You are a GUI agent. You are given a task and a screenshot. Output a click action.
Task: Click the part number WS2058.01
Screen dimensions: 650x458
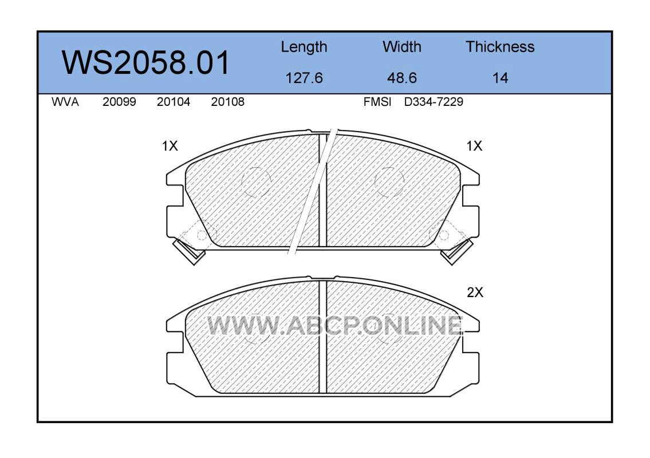145,62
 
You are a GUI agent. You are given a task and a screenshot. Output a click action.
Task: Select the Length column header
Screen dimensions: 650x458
304,48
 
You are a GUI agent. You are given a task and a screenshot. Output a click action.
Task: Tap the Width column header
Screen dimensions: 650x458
401,47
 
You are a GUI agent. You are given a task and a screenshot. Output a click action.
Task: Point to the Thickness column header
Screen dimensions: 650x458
500,47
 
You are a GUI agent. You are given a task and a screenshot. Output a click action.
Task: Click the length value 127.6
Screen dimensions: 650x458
304,78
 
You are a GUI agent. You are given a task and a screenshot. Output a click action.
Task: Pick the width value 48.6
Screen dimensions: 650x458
401,78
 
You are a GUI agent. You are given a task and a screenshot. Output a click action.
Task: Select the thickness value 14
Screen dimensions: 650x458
500,78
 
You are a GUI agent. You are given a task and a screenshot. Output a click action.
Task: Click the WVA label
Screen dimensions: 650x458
65,102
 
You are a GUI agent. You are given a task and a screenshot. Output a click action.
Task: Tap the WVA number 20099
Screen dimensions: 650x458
119,102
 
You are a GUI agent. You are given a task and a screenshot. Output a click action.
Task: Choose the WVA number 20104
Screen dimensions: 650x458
174,102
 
